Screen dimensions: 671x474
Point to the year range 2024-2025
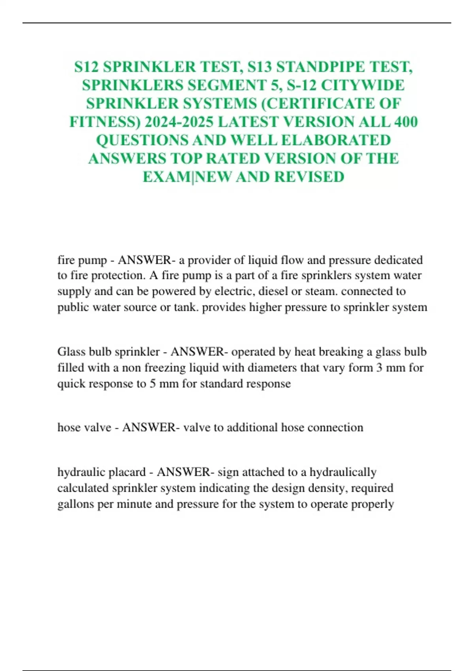(179, 122)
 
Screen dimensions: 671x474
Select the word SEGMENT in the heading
(215, 85)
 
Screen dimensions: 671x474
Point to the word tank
(186, 307)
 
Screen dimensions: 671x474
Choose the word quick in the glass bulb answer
(71, 384)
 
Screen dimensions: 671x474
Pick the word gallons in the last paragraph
(75, 504)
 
